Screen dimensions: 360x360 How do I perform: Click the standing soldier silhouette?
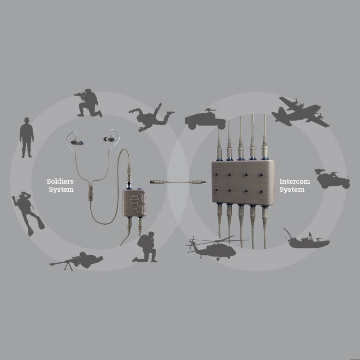pyautogui.click(x=27, y=138)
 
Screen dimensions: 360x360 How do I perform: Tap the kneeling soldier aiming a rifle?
pyautogui.click(x=88, y=103)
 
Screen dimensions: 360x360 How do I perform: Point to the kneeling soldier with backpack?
pyautogui.click(x=146, y=247)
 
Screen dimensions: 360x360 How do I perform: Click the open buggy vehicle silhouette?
pyautogui.click(x=332, y=178)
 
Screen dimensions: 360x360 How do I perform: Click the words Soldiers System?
pyautogui.click(x=60, y=185)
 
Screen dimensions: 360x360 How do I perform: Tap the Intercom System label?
pyautogui.click(x=292, y=185)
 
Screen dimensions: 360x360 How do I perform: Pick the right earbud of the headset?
pyautogui.click(x=110, y=140)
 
